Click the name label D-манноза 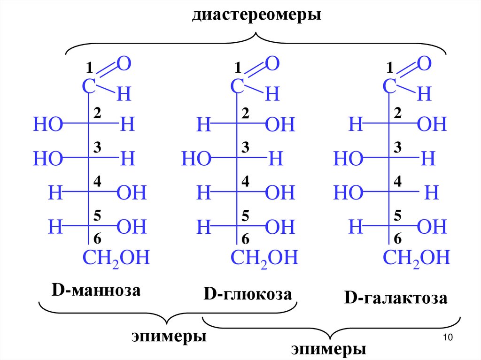(x=96, y=291)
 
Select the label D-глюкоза (x=248, y=295)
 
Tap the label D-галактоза (x=395, y=299)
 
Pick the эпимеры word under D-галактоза (x=328, y=350)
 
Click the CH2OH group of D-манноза (x=116, y=258)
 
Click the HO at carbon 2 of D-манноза (x=48, y=125)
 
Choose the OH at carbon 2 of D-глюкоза (x=280, y=125)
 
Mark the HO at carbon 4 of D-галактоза (x=348, y=192)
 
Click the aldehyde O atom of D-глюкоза (x=272, y=63)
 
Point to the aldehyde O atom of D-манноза (x=124, y=63)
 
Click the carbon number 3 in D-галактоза (x=397, y=147)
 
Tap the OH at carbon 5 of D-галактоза (x=432, y=228)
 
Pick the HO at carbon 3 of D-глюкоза (x=196, y=159)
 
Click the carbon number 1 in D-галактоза (x=389, y=69)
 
